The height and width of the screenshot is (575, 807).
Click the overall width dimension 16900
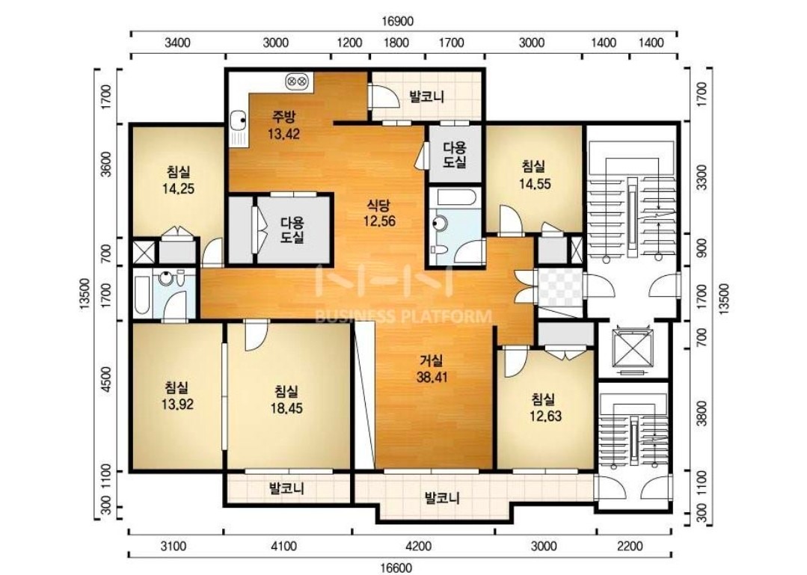398,22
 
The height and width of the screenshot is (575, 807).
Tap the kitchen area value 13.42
283,135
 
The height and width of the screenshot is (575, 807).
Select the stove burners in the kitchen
298,80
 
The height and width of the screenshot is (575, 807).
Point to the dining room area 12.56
378,221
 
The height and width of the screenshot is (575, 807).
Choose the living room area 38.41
432,377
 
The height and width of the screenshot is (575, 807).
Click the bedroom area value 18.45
286,408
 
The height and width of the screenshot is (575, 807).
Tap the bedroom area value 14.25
178,188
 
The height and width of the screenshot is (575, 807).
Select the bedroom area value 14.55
534,183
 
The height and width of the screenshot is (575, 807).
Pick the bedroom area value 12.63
545,416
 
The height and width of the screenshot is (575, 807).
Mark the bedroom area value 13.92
177,405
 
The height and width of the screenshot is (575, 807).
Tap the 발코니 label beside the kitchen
426,96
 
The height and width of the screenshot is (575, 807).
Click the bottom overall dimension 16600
396,568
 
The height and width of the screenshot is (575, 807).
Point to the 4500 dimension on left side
106,380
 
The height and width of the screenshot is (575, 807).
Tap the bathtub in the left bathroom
142,297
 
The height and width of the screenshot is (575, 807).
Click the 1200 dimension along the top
349,42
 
